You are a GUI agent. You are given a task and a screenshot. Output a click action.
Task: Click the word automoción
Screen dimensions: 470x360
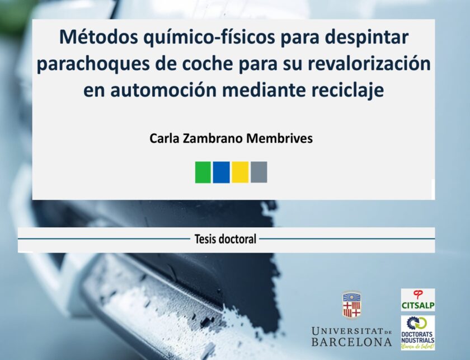163,90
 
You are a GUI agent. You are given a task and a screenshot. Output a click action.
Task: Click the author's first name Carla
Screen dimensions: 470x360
163,138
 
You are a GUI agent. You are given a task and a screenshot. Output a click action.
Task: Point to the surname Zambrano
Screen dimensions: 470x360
212,138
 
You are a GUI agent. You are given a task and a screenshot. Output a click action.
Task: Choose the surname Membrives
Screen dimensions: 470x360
279,138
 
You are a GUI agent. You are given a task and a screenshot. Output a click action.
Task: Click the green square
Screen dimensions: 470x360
203,172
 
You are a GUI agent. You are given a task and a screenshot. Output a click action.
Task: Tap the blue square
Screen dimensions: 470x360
221,172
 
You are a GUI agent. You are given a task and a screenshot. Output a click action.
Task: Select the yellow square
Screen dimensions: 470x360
240,172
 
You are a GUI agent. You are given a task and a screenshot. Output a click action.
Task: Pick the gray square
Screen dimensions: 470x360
258,172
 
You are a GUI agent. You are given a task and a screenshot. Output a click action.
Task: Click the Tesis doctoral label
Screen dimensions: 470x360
225,239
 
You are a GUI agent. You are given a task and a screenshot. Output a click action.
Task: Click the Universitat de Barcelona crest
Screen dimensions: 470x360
351,305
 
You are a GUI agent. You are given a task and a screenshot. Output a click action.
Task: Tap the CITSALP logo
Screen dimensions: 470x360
418,300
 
